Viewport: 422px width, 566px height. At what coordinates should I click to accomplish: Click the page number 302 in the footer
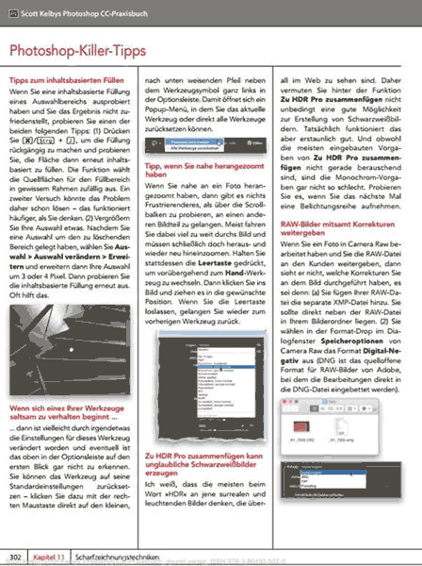(15, 558)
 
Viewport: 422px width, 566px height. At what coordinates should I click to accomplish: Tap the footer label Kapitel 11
(47, 558)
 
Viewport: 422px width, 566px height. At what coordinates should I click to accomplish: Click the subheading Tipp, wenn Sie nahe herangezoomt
(204, 168)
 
